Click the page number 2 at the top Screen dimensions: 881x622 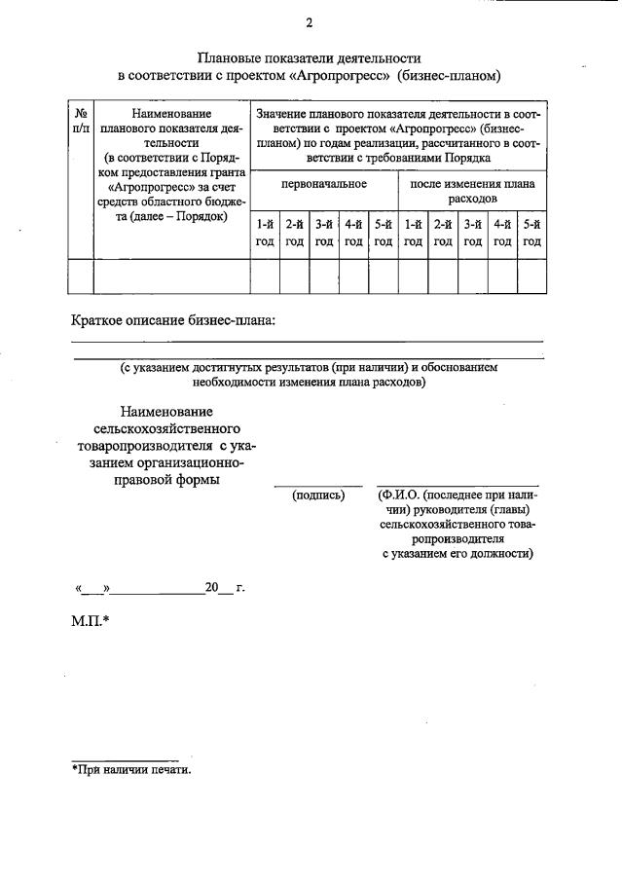click(309, 23)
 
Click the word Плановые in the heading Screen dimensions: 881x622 click(230, 58)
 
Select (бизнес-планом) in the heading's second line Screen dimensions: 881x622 click(451, 75)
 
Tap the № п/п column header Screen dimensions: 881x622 click(81, 122)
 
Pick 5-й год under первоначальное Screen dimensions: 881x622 click(384, 234)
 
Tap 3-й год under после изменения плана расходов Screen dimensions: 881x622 click(473, 234)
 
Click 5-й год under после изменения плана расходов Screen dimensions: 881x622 click(531, 234)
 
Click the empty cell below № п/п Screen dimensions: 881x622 click(81, 276)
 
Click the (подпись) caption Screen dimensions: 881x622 click(318, 495)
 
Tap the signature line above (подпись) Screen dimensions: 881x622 click(317, 485)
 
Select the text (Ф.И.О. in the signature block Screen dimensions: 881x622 click(402, 495)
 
